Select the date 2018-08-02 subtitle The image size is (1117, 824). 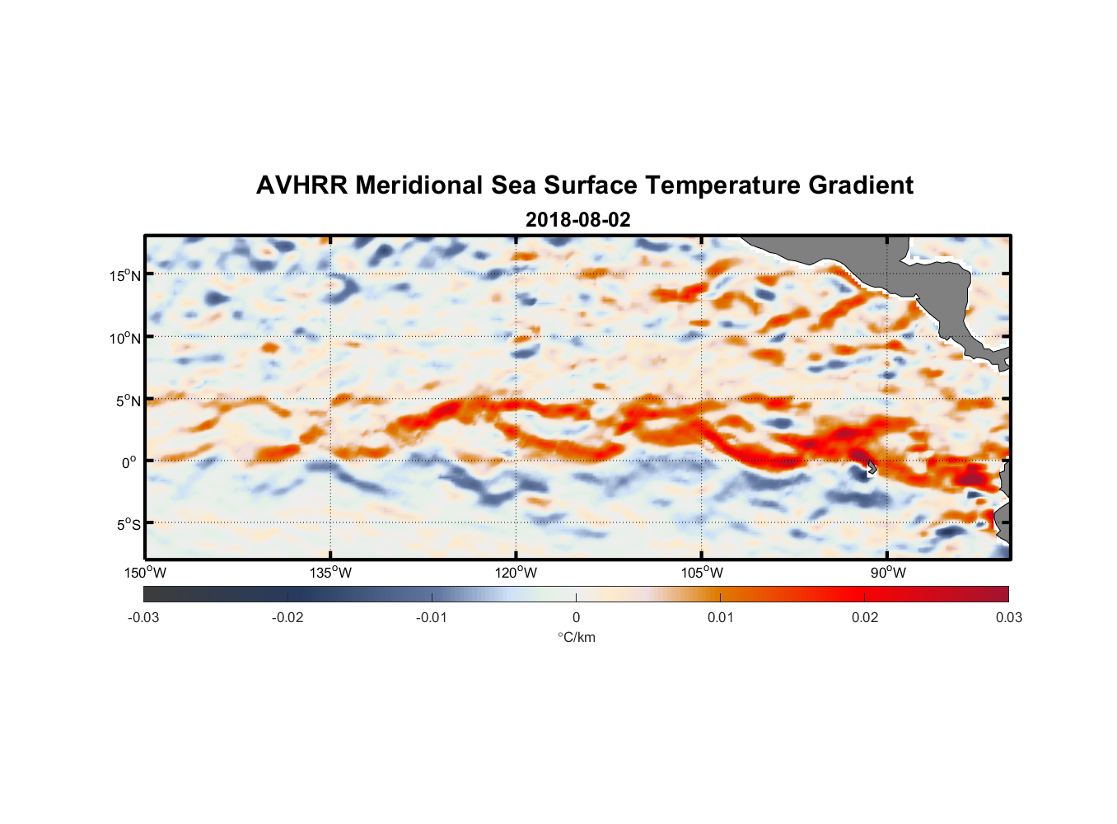click(x=577, y=220)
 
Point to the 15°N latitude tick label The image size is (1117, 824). click(x=124, y=275)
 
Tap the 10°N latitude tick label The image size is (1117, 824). click(x=124, y=338)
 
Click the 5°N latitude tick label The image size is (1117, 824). click(x=128, y=400)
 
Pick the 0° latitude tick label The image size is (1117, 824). click(x=129, y=462)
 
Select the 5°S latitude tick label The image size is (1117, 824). click(x=128, y=524)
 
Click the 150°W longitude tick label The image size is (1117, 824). click(x=145, y=573)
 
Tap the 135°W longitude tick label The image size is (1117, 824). click(x=330, y=573)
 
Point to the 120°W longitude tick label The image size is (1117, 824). click(x=516, y=573)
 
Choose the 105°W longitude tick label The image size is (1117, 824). click(x=702, y=573)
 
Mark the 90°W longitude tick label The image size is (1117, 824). click(x=888, y=573)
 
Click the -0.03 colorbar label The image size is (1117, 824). click(x=143, y=617)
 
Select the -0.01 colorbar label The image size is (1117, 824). click(x=432, y=617)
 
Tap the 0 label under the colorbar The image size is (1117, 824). click(x=576, y=617)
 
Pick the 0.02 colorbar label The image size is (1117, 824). click(x=864, y=617)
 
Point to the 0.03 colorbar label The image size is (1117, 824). click(x=1008, y=617)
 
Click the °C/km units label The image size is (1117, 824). click(x=576, y=637)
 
